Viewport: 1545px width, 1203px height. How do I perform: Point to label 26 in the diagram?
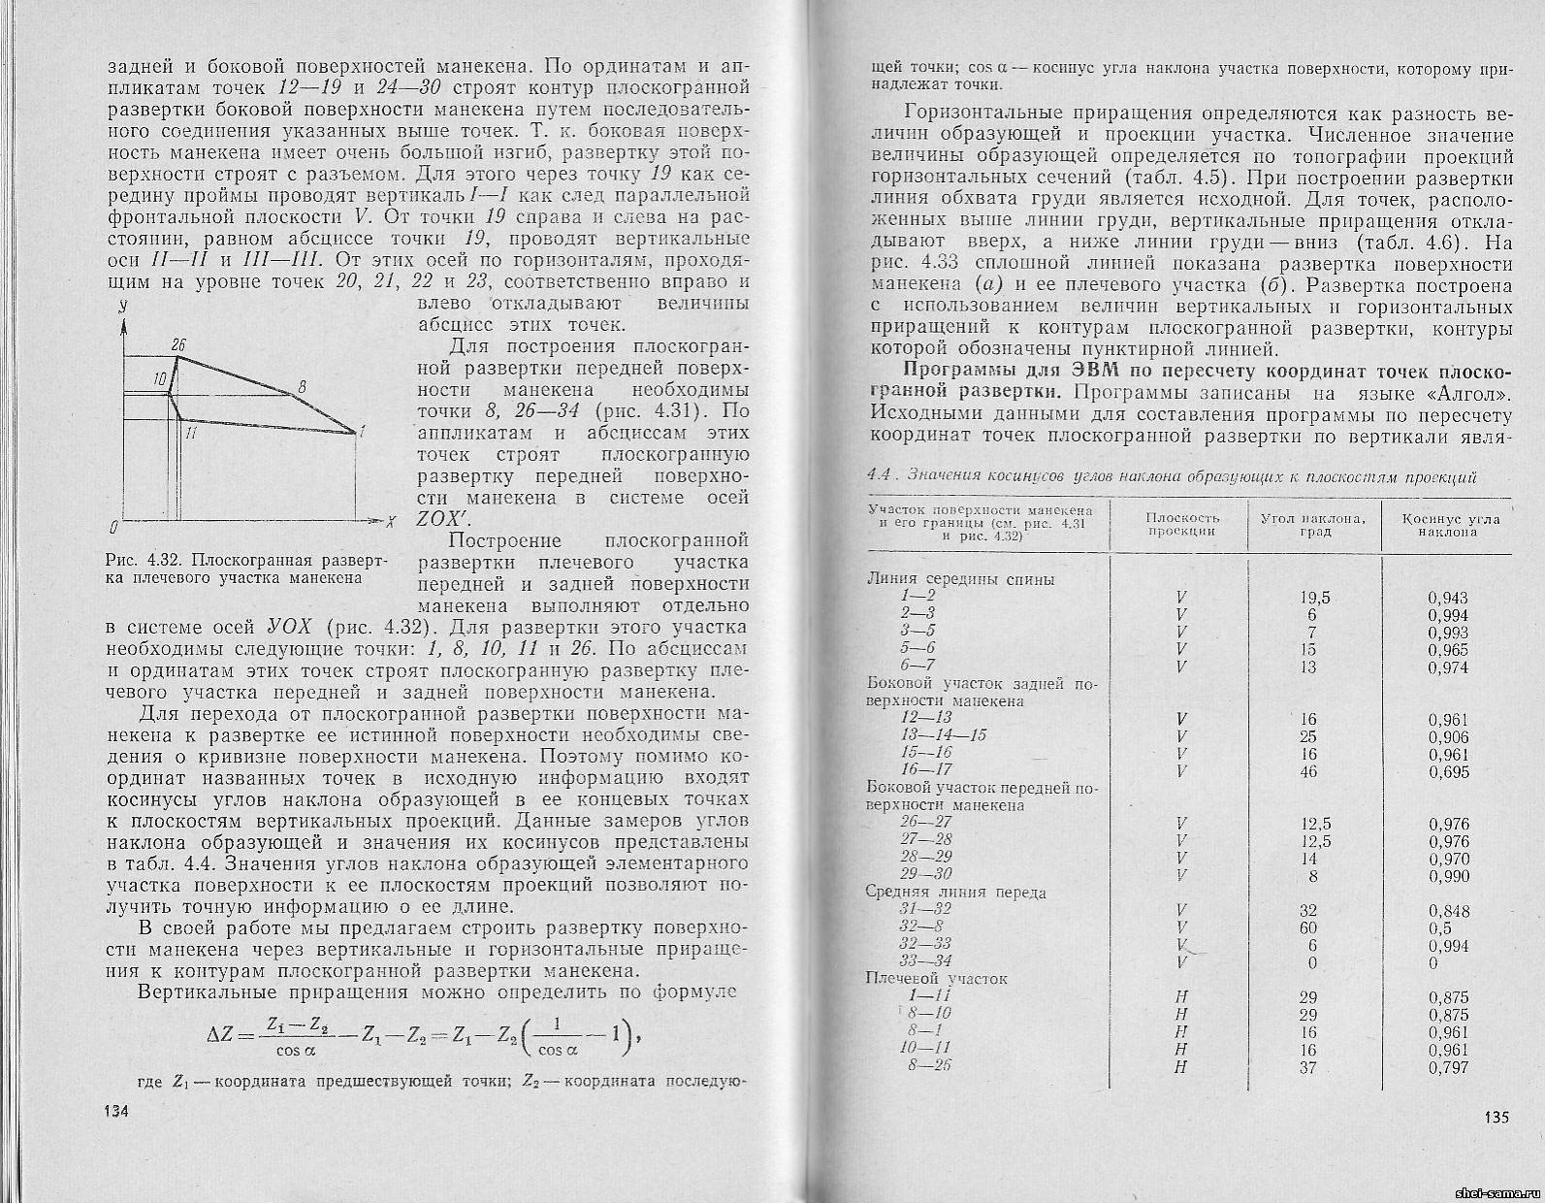click(x=177, y=344)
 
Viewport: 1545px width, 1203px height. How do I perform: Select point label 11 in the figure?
click(x=191, y=434)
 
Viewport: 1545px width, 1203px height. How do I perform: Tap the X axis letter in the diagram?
click(x=390, y=521)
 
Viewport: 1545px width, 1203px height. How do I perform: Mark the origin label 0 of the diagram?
click(x=114, y=527)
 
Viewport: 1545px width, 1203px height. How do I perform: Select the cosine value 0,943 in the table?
click(x=1448, y=598)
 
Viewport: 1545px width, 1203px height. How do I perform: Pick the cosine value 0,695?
click(x=1448, y=771)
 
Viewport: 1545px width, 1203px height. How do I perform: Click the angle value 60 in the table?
click(x=1310, y=927)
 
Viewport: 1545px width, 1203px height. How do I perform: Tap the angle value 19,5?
click(x=1314, y=598)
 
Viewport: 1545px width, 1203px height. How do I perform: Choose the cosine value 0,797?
click(x=1448, y=1067)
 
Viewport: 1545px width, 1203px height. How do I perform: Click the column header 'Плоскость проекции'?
click(x=1181, y=524)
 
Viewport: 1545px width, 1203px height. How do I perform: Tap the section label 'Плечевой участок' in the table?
click(x=936, y=978)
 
